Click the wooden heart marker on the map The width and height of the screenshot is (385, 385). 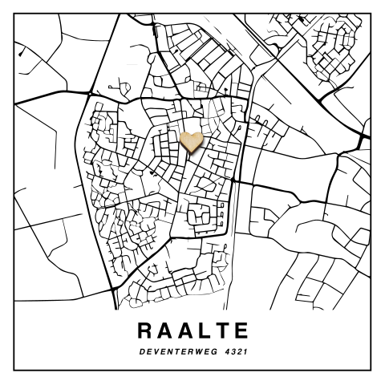tap(192, 142)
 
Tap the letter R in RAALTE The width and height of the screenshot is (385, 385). tap(145, 330)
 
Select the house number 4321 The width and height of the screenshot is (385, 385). tap(233, 351)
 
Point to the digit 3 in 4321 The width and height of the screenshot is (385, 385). tap(230, 351)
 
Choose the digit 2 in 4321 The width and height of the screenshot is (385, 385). tap(237, 351)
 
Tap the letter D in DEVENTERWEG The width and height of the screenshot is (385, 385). tap(142, 351)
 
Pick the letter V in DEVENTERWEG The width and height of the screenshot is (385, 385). tap(155, 351)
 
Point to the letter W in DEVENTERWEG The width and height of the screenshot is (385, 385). tap(193, 351)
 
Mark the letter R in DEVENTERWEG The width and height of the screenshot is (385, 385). tap(186, 351)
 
